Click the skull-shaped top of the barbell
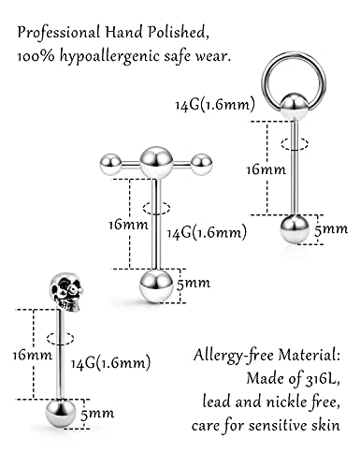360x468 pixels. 66,292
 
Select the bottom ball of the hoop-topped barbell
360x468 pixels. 295,229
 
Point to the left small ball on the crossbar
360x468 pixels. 110,164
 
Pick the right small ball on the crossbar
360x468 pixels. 202,163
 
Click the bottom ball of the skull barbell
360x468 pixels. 61,414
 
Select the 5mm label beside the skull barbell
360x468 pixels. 97,414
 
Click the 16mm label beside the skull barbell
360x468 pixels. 33,355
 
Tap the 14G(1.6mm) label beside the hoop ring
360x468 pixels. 215,105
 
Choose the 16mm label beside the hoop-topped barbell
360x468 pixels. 266,170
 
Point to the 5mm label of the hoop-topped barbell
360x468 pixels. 331,229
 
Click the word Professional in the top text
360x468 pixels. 59,33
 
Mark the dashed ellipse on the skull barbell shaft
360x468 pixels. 60,338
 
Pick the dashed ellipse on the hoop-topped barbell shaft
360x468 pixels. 295,144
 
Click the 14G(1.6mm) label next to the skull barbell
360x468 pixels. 110,363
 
